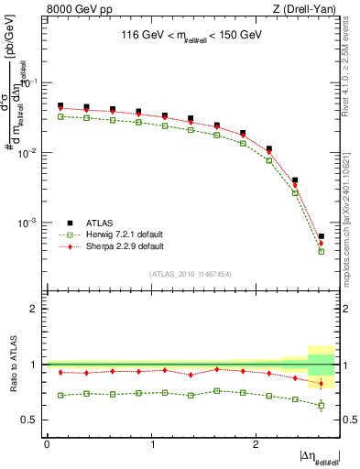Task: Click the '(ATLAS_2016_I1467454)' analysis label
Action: point(191,274)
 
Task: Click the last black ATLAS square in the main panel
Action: point(322,236)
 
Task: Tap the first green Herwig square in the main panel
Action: point(60,116)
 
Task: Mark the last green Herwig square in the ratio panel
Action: point(322,405)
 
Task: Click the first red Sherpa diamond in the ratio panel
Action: point(60,373)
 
